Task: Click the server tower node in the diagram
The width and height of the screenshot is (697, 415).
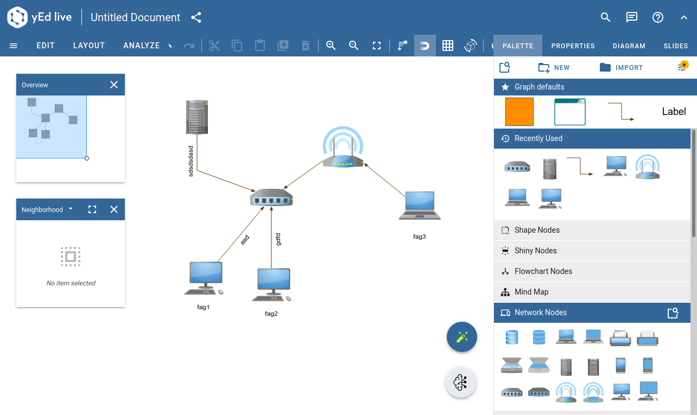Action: pyautogui.click(x=197, y=117)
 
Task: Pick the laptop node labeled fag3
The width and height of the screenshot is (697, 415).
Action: pyautogui.click(x=420, y=206)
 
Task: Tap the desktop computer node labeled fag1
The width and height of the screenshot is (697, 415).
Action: pyautogui.click(x=204, y=278)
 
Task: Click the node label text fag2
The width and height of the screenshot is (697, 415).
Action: pyautogui.click(x=271, y=314)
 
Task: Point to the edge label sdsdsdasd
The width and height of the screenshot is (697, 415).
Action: pyautogui.click(x=191, y=161)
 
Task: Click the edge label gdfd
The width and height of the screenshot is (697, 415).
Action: pyautogui.click(x=278, y=239)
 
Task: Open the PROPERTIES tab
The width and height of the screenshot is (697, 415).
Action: pyautogui.click(x=573, y=46)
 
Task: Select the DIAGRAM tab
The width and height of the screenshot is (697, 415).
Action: pyautogui.click(x=629, y=46)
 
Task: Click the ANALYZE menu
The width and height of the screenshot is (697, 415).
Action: pyautogui.click(x=141, y=46)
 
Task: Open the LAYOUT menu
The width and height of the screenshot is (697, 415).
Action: pyautogui.click(x=89, y=46)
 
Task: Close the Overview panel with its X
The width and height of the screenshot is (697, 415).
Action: pyautogui.click(x=114, y=85)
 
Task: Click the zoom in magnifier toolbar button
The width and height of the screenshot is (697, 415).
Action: pyautogui.click(x=331, y=46)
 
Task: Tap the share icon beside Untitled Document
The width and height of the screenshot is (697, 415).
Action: pyautogui.click(x=196, y=17)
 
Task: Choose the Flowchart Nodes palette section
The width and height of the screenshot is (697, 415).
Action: pyautogui.click(x=543, y=271)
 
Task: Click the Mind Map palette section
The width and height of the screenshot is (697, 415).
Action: pyautogui.click(x=531, y=292)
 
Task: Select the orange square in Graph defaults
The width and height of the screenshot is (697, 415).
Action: pyautogui.click(x=519, y=112)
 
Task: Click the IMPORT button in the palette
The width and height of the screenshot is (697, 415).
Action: pyautogui.click(x=621, y=67)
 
